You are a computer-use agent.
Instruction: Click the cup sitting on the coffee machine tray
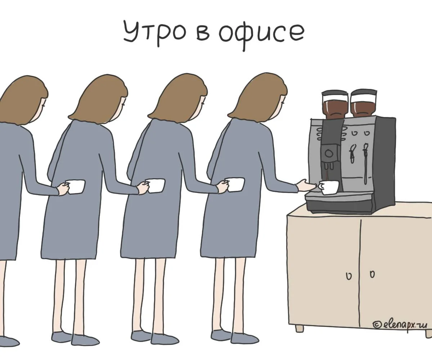pyautogui.click(x=329, y=188)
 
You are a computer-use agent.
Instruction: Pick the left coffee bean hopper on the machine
pyautogui.click(x=333, y=105)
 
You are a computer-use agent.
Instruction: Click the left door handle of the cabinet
pyautogui.click(x=349, y=276)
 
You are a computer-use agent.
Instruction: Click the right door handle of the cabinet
pyautogui.click(x=372, y=274)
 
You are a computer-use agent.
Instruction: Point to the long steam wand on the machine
pyautogui.click(x=365, y=163)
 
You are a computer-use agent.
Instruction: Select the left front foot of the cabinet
pyautogui.click(x=299, y=329)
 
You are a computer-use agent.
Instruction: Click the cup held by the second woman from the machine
pyautogui.click(x=235, y=184)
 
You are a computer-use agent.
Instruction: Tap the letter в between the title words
pyautogui.click(x=203, y=35)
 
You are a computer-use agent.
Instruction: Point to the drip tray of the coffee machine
pyautogui.click(x=339, y=202)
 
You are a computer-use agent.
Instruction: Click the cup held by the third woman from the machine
pyautogui.click(x=155, y=186)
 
